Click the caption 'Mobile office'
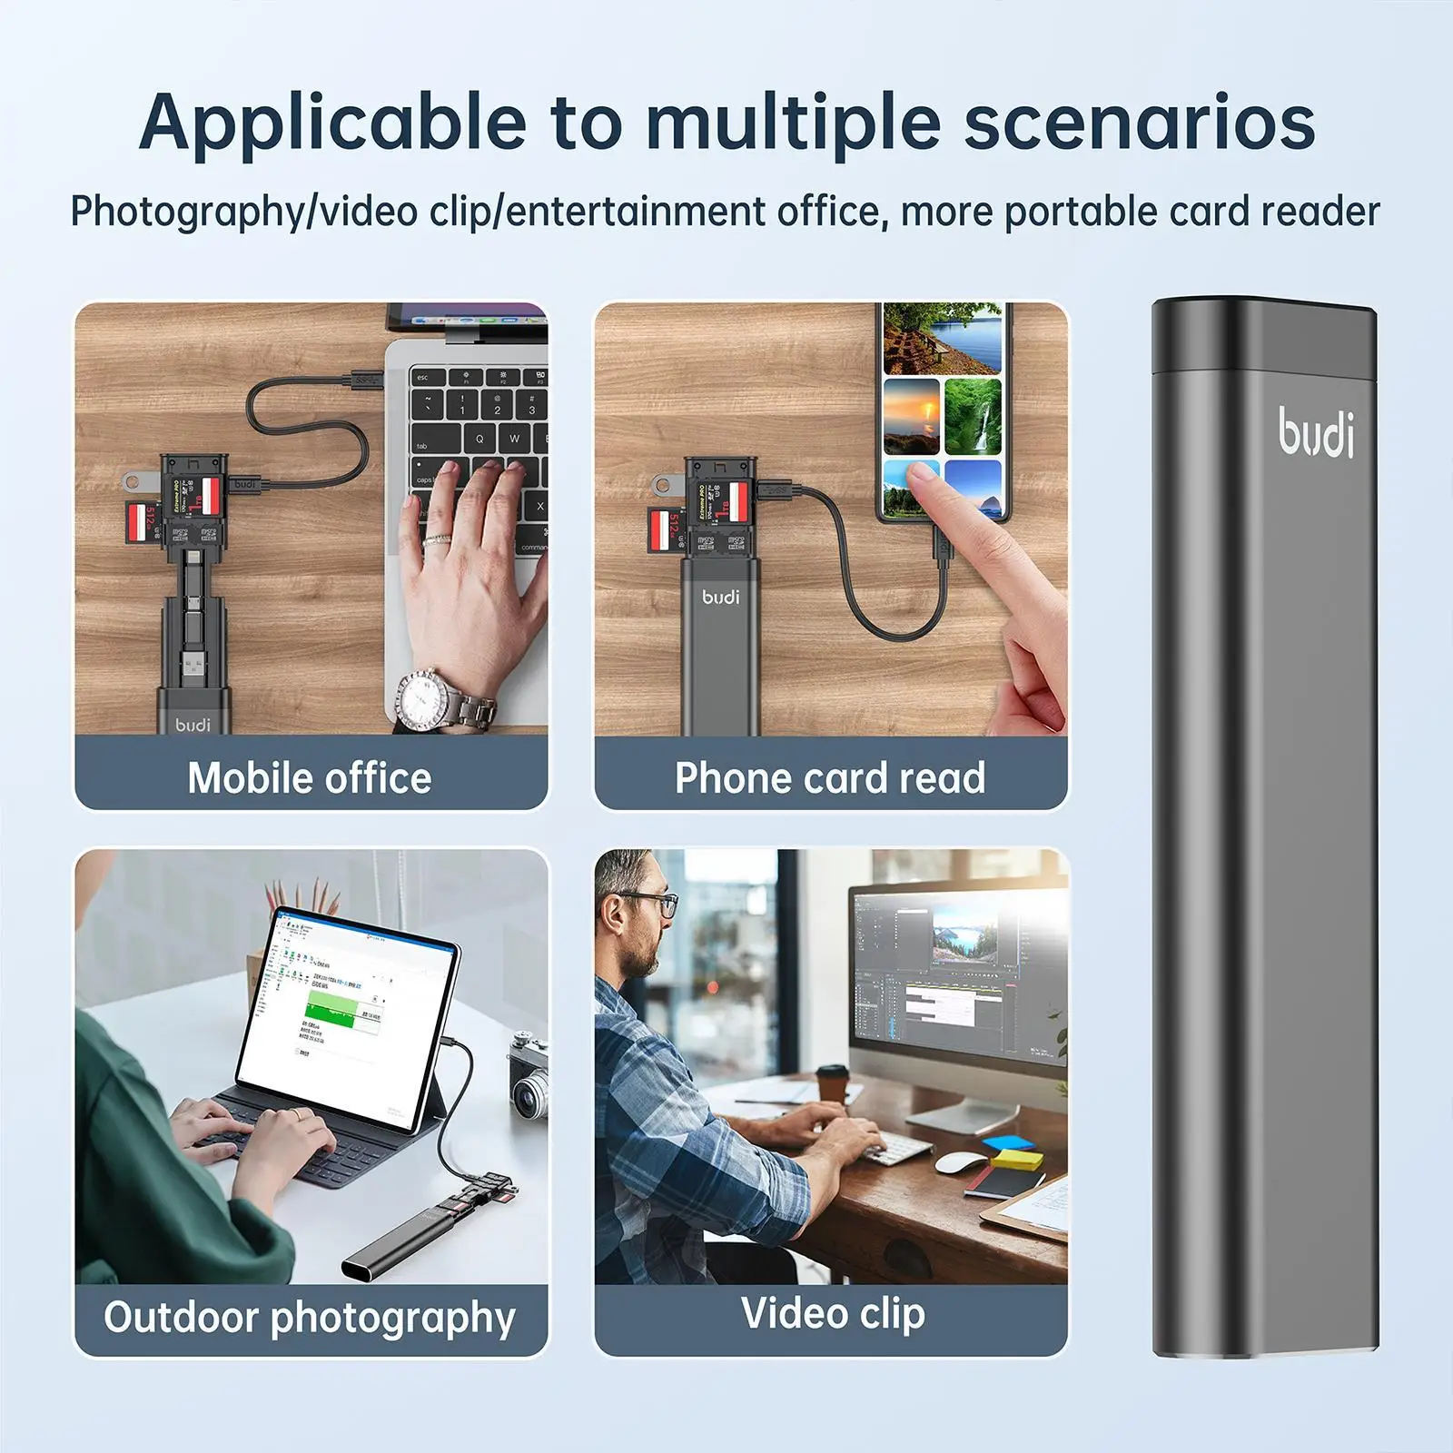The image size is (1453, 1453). [x=310, y=778]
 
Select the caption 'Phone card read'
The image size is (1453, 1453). [x=830, y=778]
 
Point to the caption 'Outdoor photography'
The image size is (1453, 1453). [x=310, y=1317]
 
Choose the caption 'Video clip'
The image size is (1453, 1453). [x=833, y=1313]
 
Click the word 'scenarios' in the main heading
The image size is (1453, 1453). [x=1139, y=123]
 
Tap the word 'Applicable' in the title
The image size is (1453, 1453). [x=332, y=123]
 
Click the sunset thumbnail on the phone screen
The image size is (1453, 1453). [x=911, y=416]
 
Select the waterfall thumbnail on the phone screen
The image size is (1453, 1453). [x=973, y=416]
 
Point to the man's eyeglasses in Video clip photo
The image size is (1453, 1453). [x=652, y=904]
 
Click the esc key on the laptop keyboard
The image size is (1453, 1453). [x=423, y=377]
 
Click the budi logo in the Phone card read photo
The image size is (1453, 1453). [x=721, y=597]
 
